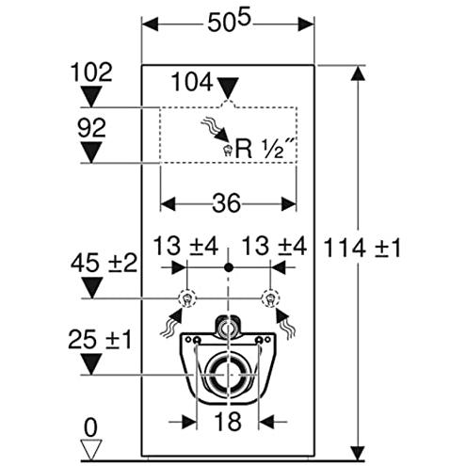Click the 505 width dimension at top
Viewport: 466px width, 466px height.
click(229, 23)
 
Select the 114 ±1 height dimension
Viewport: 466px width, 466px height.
click(362, 248)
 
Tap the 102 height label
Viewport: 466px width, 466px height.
click(91, 72)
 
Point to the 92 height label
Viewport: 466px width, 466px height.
click(91, 128)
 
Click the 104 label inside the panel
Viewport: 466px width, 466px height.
click(192, 82)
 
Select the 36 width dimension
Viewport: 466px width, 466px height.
click(227, 203)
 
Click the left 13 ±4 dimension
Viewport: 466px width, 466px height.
click(185, 246)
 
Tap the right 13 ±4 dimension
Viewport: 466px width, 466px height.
click(274, 246)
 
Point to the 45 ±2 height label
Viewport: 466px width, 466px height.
click(104, 263)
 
